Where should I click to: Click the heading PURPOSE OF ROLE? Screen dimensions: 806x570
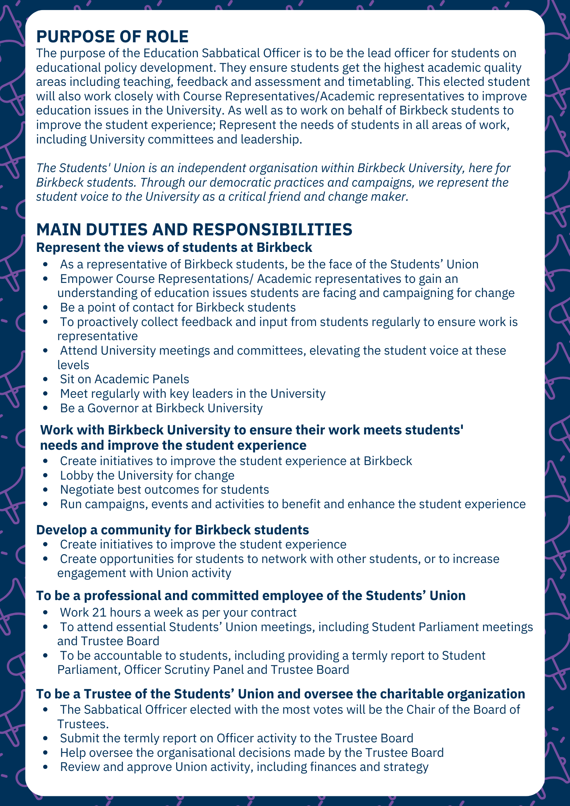112,37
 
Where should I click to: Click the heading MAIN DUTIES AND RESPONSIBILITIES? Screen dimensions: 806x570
194,230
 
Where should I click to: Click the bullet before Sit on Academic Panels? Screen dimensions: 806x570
48,380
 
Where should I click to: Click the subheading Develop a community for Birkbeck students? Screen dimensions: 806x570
173,530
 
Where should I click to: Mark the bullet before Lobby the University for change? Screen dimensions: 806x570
48,476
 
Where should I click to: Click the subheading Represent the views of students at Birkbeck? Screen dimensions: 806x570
174,247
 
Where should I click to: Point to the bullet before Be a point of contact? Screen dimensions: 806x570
48,308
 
